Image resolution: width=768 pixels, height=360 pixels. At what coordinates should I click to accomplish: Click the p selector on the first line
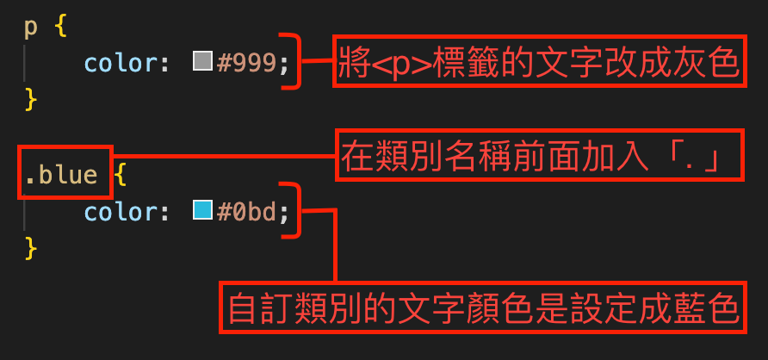(x=30, y=28)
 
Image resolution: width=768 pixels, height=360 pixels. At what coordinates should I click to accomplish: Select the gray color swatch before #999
(x=202, y=62)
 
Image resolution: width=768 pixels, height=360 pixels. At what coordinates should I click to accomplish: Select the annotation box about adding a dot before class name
(x=539, y=156)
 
